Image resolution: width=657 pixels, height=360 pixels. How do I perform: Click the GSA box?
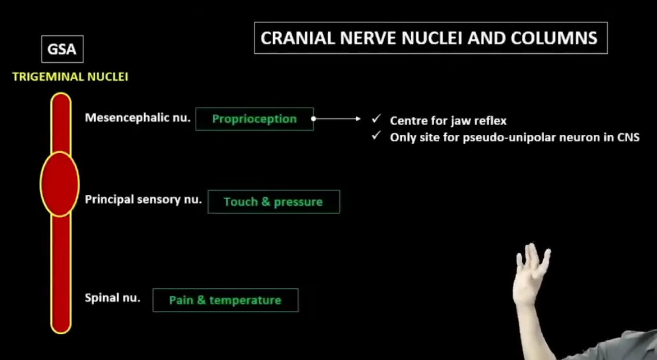coord(63,49)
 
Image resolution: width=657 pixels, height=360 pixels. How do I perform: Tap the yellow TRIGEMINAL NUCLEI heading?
coord(70,77)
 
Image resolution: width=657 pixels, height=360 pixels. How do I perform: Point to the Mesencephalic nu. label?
coord(138,117)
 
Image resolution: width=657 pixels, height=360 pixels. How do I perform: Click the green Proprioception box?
coord(254,119)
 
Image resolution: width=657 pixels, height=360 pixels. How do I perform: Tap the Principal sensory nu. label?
coord(143,200)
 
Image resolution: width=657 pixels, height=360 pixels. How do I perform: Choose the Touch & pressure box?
coord(274,202)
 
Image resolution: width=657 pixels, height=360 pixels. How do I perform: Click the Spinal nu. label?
coord(113,298)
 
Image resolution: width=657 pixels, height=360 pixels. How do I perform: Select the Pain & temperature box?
coord(226,300)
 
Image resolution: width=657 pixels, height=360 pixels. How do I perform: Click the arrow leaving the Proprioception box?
coord(337,118)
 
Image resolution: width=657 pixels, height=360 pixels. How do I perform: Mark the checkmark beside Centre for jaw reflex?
coord(376,119)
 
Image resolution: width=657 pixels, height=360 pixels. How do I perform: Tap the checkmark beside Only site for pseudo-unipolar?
coord(376,136)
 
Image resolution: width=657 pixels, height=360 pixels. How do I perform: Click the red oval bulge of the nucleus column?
coord(60,184)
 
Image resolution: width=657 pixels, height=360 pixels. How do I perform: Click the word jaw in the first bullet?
coord(460,121)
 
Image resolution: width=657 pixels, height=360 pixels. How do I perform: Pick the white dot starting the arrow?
coord(314,119)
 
